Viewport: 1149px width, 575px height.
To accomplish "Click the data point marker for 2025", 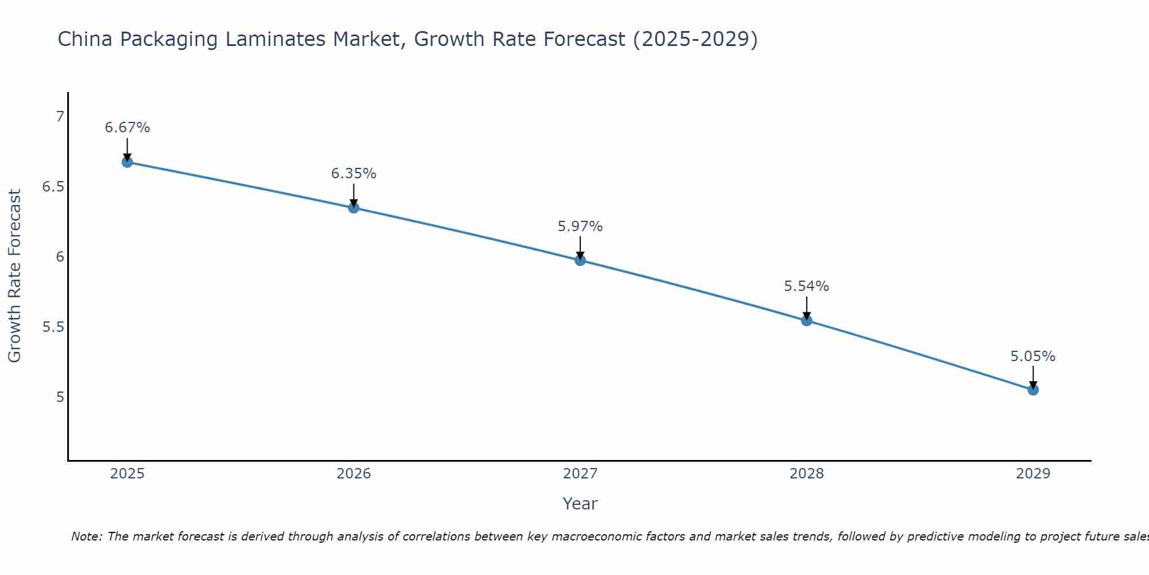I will coord(127,162).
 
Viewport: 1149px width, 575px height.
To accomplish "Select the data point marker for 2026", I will coord(354,208).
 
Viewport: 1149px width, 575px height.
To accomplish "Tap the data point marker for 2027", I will coord(580,260).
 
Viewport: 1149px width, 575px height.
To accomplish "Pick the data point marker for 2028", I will coord(807,320).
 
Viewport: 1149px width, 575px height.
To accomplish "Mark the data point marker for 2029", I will coord(1033,390).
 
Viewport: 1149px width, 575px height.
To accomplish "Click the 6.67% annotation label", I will coord(127,128).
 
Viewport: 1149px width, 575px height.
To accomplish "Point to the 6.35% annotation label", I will coord(353,174).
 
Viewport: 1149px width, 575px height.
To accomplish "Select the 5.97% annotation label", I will coord(580,227).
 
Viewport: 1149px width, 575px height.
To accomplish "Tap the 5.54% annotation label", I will coord(807,286).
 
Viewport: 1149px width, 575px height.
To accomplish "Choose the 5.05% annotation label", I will coord(1033,356).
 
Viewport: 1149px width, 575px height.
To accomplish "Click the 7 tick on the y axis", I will coord(60,117).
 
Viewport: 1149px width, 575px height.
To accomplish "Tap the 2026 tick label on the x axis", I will coord(354,474).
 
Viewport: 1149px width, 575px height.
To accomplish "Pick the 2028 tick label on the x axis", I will coord(807,474).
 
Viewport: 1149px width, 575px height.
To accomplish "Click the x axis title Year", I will coord(580,504).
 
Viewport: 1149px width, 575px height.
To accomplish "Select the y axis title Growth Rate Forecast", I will coord(14,276).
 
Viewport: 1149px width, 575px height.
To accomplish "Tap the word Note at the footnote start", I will coord(86,536).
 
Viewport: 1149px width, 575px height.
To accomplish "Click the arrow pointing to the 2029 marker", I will coord(1033,377).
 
